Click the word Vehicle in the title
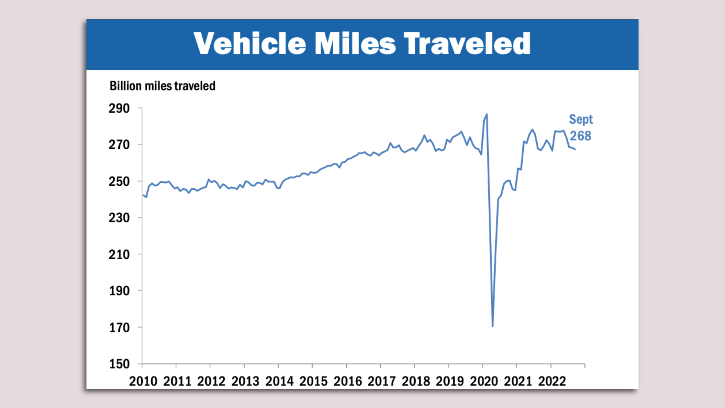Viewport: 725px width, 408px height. point(250,43)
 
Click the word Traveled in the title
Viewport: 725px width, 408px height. point(467,43)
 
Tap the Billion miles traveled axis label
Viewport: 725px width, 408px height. point(162,86)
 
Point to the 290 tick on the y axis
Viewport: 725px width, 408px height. point(119,108)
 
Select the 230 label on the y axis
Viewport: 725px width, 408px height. point(119,218)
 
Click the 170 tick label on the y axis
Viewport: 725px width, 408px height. point(119,328)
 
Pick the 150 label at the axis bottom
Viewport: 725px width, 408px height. point(119,364)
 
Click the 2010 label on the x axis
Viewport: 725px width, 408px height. point(143,381)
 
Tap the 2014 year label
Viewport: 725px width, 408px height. point(279,381)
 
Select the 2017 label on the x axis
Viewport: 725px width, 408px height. point(382,381)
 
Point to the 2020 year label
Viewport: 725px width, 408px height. point(484,381)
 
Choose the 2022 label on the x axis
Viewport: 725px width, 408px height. point(552,381)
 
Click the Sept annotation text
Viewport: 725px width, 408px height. point(581,119)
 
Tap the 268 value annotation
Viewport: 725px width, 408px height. point(580,136)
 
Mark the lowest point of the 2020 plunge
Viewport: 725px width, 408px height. point(493,326)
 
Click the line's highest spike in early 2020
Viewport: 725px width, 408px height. point(487,114)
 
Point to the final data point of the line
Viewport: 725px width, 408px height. point(575,150)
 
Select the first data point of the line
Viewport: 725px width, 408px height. point(143,195)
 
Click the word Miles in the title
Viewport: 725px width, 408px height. point(355,43)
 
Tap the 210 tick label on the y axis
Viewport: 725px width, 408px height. point(119,255)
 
